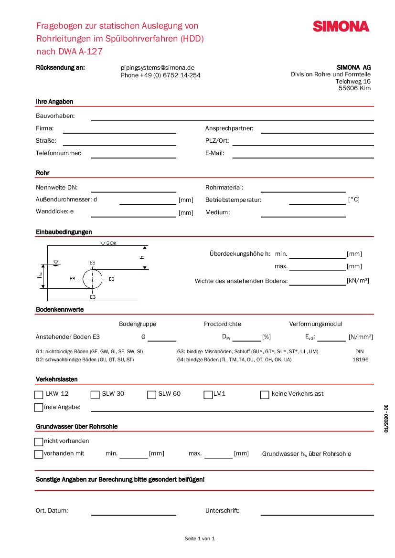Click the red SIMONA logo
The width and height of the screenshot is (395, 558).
pos(341,26)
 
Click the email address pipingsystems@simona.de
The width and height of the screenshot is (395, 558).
pos(158,68)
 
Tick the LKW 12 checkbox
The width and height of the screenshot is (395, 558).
pos(39,395)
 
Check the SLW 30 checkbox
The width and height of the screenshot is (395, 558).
pos(95,395)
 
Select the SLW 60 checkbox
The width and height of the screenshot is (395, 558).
pos(151,395)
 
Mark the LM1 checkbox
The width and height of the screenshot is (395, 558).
pos(208,395)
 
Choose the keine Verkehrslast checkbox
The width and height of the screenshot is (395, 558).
pos(265,395)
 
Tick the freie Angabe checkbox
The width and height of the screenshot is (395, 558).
pos(39,407)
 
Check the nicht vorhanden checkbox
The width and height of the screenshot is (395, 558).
pos(39,442)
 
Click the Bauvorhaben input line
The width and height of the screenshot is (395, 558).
pos(232,118)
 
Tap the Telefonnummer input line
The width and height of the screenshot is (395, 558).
pos(133,155)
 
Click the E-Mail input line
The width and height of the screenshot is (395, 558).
pos(303,155)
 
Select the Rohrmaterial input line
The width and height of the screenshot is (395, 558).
pos(303,190)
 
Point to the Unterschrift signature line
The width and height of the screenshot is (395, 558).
pos(317,513)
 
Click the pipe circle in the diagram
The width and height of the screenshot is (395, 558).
pos(93,279)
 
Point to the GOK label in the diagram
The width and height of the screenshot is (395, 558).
pos(110,243)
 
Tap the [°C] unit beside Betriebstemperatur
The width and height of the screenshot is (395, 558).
pos(353,200)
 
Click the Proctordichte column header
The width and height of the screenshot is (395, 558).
pos(223,324)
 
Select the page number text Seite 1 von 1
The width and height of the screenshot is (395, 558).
pos(200,538)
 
